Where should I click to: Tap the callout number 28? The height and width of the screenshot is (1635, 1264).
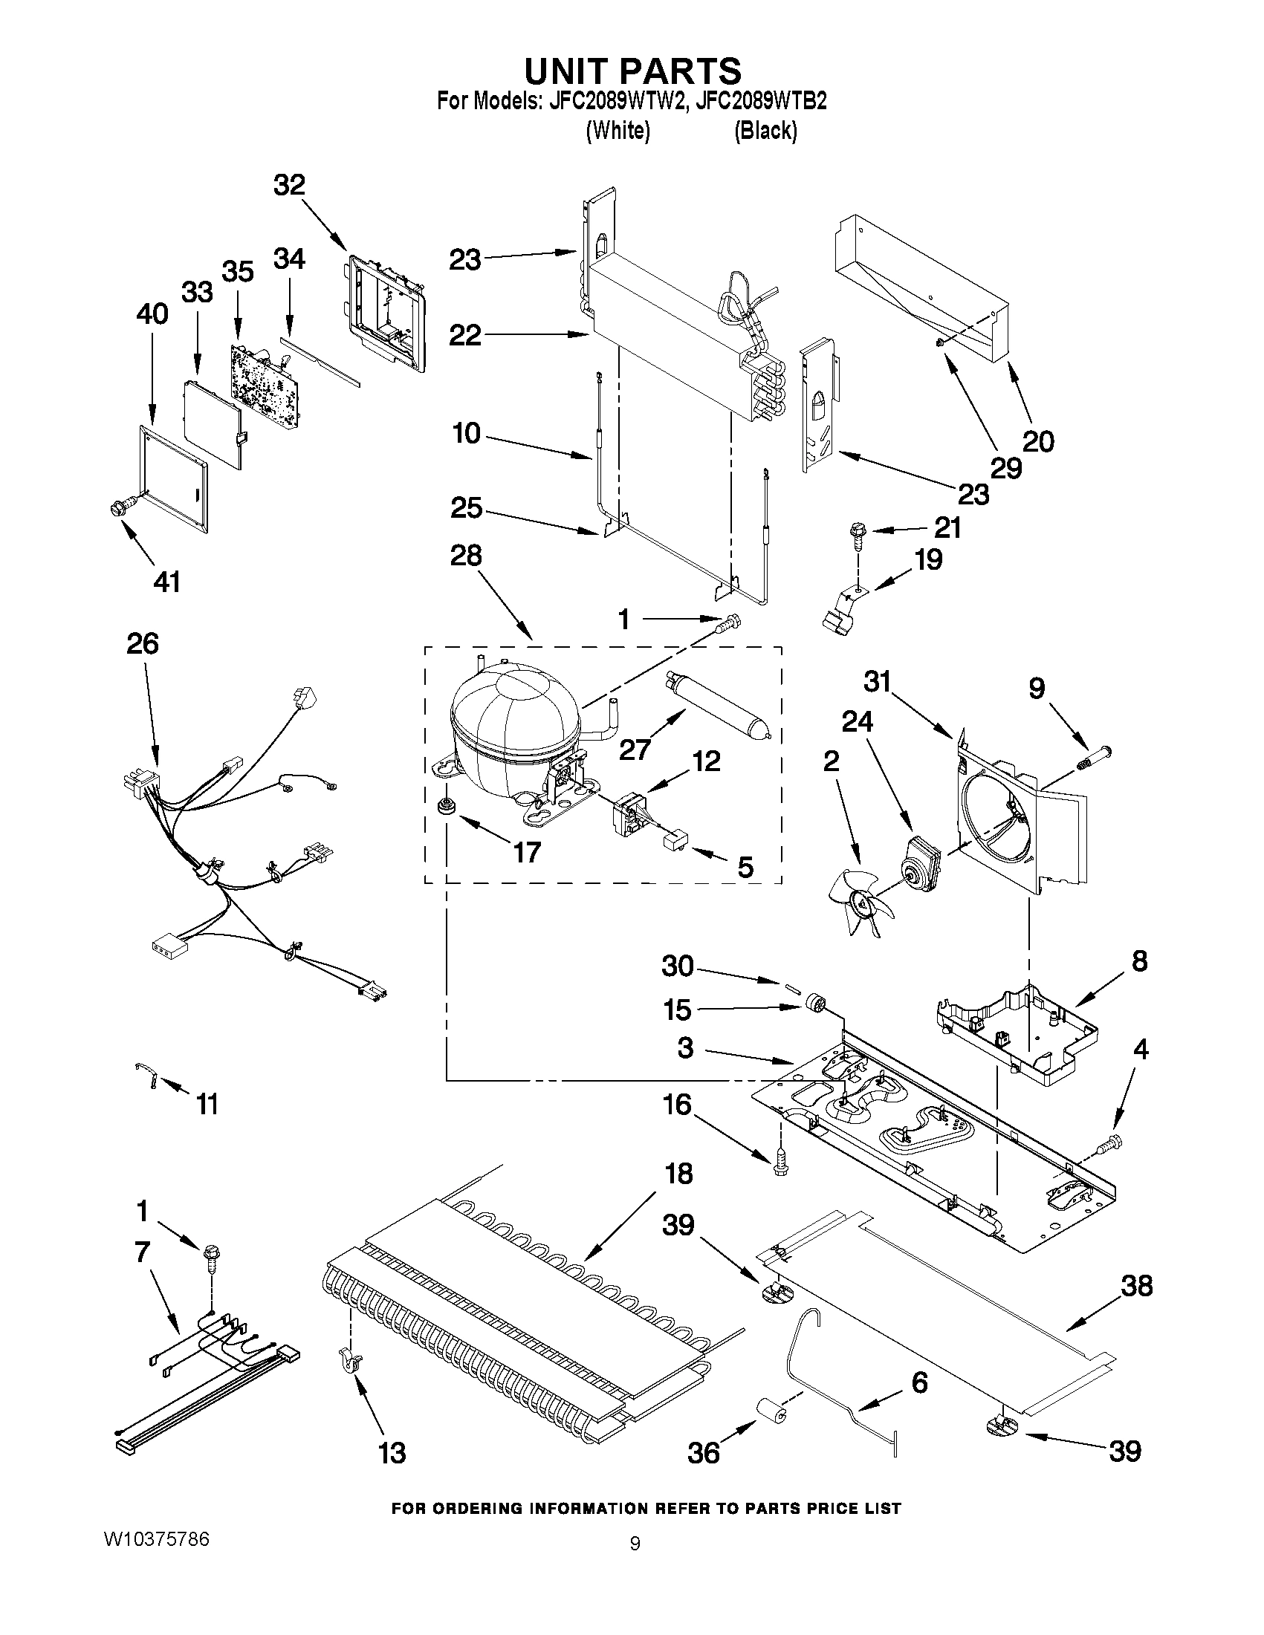click(x=466, y=556)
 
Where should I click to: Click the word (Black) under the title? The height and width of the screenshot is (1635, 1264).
click(x=765, y=131)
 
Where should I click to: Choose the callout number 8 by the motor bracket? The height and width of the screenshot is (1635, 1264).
click(x=1139, y=960)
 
